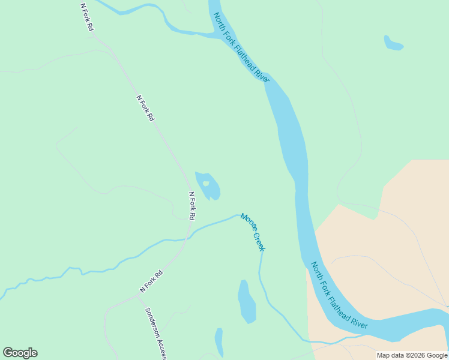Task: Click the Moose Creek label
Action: click(x=252, y=232)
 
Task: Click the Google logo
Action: click(x=20, y=353)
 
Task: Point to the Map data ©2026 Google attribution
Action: click(x=412, y=355)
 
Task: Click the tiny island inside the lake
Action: click(x=206, y=184)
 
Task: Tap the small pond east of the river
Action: click(x=393, y=43)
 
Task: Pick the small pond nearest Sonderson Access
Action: click(x=219, y=342)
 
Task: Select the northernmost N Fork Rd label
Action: click(x=87, y=17)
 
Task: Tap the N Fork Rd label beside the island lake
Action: click(x=192, y=205)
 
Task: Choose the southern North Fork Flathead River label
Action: click(x=339, y=295)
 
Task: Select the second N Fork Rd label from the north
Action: click(x=145, y=109)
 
